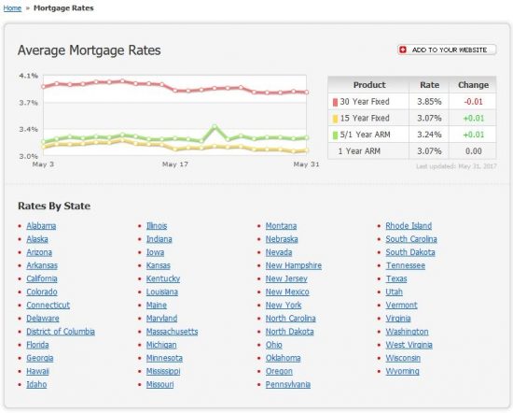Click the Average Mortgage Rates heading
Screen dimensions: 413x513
[89, 50]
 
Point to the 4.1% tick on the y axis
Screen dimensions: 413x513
[28, 76]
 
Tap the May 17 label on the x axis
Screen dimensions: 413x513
[175, 164]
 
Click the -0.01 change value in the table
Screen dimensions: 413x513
[474, 102]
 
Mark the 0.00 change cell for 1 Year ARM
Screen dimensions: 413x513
[474, 150]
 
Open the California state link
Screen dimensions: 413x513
[42, 278]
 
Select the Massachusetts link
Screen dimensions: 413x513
[172, 331]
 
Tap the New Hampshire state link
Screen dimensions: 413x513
[293, 265]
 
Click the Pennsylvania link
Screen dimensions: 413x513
[288, 384]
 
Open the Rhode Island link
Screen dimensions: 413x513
[409, 225]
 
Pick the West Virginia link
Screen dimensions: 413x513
[409, 345]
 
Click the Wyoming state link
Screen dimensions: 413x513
[402, 371]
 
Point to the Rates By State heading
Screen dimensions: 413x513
[54, 206]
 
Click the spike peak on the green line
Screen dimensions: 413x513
[215, 126]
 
